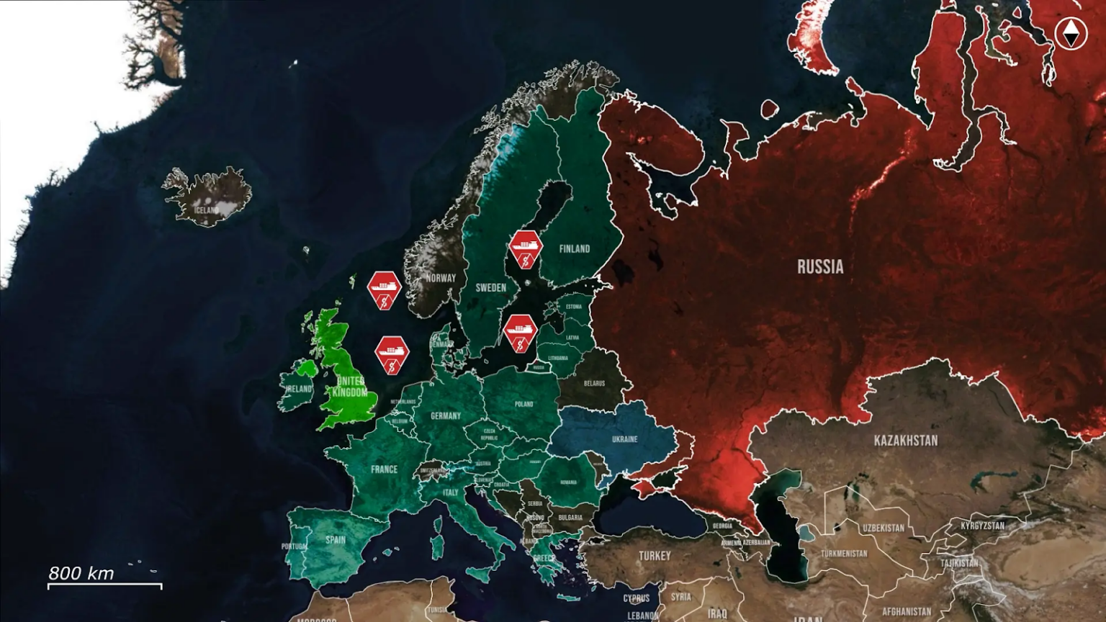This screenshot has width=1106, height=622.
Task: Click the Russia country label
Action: coord(820,267)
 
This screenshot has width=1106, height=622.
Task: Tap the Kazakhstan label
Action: coord(906,441)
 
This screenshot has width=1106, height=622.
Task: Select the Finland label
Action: coord(575,249)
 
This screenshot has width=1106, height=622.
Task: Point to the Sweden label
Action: coord(491,288)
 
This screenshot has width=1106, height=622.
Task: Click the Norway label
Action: coord(441,278)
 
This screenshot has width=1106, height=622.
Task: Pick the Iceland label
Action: coord(207,210)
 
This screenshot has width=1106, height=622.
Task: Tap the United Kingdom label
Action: coord(351,387)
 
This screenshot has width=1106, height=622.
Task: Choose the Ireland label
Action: coord(299,389)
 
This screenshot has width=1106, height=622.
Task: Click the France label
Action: coord(384,469)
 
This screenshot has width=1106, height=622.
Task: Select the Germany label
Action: coord(446,416)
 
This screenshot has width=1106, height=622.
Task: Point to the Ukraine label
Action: coord(624,439)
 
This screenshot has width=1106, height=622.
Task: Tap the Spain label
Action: coord(336,540)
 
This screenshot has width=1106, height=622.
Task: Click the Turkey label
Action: coord(655,556)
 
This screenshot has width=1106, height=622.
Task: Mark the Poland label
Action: coord(524,405)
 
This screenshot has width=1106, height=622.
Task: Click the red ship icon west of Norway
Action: coord(384,290)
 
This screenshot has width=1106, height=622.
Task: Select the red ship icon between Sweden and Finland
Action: coord(526,249)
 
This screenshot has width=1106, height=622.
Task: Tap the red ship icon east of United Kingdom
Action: coord(392,354)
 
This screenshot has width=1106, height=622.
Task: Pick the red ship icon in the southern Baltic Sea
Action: coord(520,333)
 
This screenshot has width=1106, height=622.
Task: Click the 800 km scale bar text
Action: coord(81,573)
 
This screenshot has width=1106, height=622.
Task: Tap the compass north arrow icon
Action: coord(1071,33)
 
